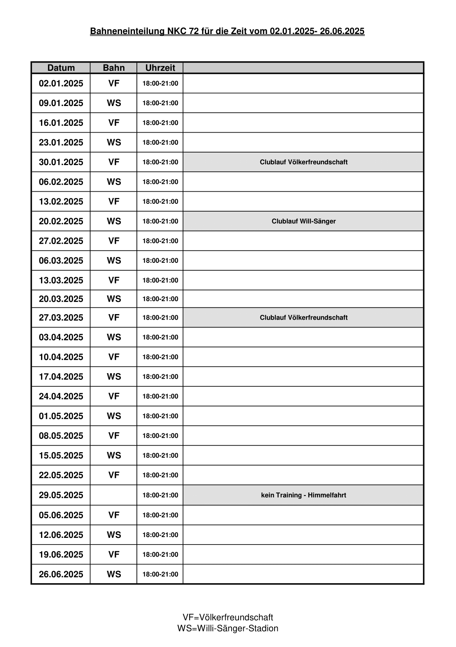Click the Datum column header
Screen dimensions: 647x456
tap(61, 68)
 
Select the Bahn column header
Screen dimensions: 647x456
tap(113, 68)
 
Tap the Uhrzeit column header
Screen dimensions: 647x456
tap(160, 68)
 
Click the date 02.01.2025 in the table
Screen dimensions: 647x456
tap(61, 83)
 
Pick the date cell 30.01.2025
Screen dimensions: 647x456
tap(61, 162)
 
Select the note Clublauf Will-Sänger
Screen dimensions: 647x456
tap(303, 221)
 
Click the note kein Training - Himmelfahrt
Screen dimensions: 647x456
tap(303, 495)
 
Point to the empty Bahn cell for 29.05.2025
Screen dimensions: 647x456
tap(113, 495)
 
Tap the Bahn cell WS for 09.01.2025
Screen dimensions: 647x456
tap(114, 103)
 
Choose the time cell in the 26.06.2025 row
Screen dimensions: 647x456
tap(160, 574)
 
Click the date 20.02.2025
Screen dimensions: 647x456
tap(61, 221)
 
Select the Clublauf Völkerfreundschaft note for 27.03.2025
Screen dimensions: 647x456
tap(303, 317)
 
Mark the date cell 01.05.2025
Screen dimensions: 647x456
tap(61, 416)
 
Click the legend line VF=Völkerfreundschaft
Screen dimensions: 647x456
tap(228, 617)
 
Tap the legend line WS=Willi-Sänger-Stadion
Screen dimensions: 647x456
tap(228, 628)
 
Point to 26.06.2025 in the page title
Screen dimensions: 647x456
tap(342, 31)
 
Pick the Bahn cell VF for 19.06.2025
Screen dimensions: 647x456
tap(114, 554)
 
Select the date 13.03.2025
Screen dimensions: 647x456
tap(61, 280)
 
